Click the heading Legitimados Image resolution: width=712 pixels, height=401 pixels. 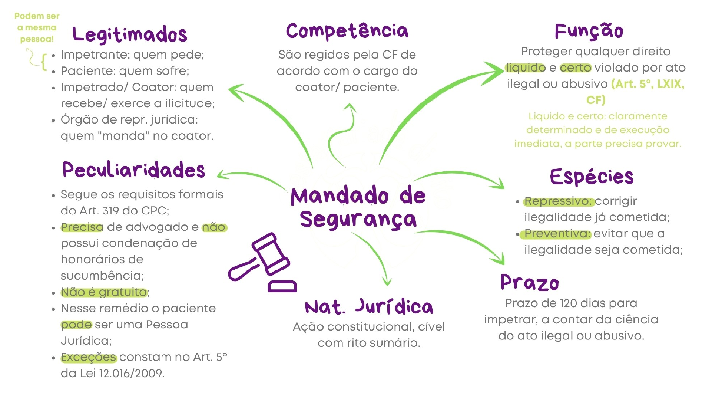(x=130, y=34)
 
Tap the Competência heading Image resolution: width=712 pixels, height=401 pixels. (x=347, y=31)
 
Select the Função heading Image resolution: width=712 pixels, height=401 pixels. (x=589, y=31)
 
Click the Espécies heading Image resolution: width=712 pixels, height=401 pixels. (x=592, y=177)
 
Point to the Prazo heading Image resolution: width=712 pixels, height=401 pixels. (x=529, y=283)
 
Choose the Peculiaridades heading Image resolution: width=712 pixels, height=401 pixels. (x=133, y=170)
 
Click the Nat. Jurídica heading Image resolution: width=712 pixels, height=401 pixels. (x=369, y=307)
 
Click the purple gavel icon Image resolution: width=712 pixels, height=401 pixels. (x=262, y=262)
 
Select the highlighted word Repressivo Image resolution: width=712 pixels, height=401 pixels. (x=559, y=201)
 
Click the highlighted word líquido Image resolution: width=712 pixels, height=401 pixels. (x=526, y=68)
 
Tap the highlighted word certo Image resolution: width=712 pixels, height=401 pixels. (x=575, y=68)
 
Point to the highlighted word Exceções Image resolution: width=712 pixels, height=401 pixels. (x=89, y=357)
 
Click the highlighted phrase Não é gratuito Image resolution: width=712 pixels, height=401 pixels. (x=104, y=292)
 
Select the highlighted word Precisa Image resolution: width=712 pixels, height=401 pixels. (x=82, y=227)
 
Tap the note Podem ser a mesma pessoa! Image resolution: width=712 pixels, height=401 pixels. (x=37, y=27)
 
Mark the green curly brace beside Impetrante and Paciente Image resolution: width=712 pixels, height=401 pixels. (x=44, y=62)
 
